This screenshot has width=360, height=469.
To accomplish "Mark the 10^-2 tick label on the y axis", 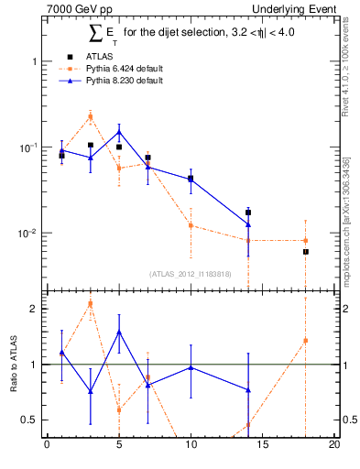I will point(27,234).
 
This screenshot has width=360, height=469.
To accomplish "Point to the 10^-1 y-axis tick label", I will point(27,147).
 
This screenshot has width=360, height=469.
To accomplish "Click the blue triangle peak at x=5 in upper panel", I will point(119,132).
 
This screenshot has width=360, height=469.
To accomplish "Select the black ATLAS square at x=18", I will point(306,251).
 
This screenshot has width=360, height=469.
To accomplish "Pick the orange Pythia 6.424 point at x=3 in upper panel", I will point(90,115).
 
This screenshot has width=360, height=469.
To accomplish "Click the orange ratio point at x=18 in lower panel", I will point(306,341).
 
